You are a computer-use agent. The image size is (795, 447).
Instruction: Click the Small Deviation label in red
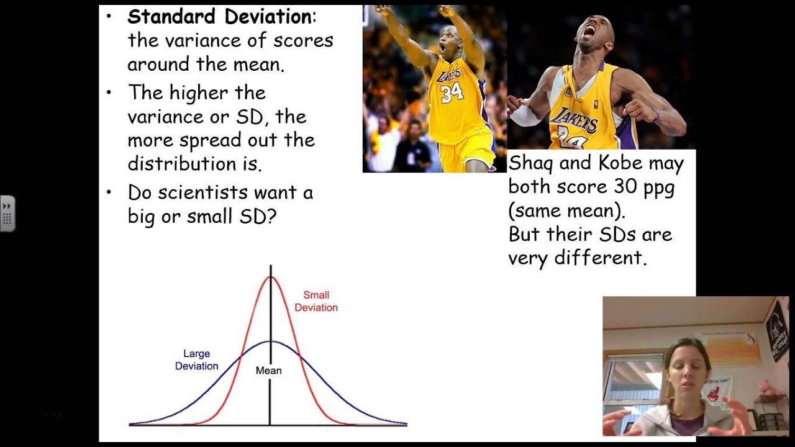[x=316, y=301]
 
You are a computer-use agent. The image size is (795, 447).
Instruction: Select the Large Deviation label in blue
[x=196, y=360]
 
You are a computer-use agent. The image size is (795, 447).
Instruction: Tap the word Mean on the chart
[x=269, y=371]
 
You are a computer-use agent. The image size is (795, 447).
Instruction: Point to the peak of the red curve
[x=270, y=277]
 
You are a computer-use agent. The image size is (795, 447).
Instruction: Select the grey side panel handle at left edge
[x=7, y=214]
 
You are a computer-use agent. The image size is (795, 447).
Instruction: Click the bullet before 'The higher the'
[x=109, y=93]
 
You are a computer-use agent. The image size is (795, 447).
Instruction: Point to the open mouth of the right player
[x=588, y=31]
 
